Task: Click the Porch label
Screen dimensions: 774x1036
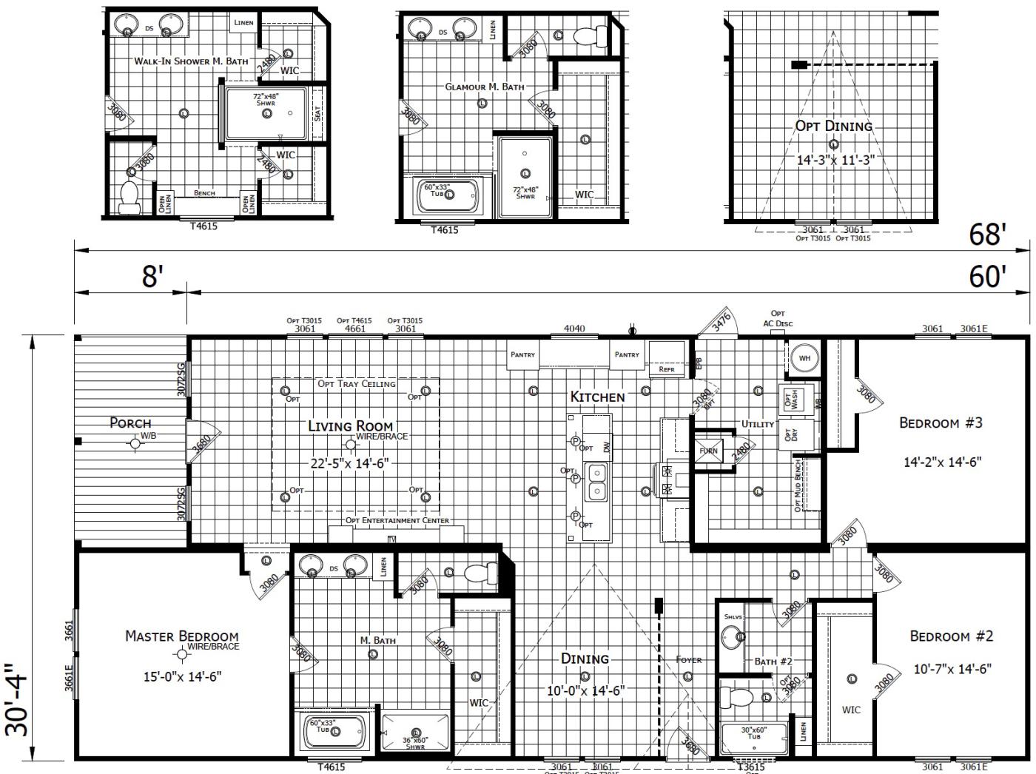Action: (x=130, y=423)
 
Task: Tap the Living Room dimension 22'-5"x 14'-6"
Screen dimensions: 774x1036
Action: (x=349, y=463)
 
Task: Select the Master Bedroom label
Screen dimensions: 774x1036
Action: (x=181, y=636)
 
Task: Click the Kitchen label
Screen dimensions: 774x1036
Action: (x=597, y=397)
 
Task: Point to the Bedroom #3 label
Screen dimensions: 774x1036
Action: (x=941, y=423)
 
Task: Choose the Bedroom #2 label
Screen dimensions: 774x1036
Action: (x=951, y=636)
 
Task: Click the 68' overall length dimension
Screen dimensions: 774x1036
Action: (x=987, y=235)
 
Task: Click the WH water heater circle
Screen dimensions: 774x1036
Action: (x=804, y=358)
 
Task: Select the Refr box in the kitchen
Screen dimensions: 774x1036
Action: (x=667, y=368)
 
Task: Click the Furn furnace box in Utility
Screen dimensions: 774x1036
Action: (x=708, y=451)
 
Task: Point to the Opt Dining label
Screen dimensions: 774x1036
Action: (x=833, y=126)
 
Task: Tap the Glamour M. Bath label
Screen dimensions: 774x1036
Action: (x=484, y=87)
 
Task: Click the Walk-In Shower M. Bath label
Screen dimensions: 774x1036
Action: (x=191, y=61)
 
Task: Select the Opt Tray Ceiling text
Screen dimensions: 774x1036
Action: (x=357, y=383)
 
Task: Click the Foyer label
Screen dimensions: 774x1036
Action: (x=688, y=659)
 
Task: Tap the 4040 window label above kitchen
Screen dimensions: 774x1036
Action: (x=574, y=329)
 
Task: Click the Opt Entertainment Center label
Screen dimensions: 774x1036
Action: (x=397, y=520)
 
